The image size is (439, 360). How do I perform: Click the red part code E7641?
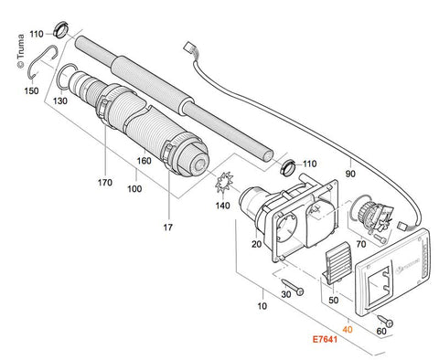(x=325, y=339)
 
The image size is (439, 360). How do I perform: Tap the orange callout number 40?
(x=348, y=330)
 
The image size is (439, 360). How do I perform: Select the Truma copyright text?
(x=20, y=51)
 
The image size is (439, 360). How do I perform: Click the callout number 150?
(x=31, y=90)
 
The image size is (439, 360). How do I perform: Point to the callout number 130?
(x=60, y=101)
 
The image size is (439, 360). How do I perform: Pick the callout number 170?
(x=105, y=183)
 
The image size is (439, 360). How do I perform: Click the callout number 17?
(x=167, y=228)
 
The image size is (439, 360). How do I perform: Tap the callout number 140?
(x=222, y=206)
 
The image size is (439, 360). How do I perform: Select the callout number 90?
(x=350, y=174)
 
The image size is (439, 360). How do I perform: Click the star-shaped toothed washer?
(x=224, y=182)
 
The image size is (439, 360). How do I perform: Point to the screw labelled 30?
(x=293, y=286)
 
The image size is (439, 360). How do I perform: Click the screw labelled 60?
(x=385, y=321)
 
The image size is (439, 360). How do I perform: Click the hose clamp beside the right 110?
(x=288, y=166)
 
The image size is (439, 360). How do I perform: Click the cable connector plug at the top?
(x=188, y=48)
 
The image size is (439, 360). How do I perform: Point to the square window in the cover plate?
(x=380, y=285)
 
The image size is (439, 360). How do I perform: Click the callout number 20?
(x=256, y=244)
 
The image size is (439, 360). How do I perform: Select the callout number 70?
(x=361, y=244)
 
